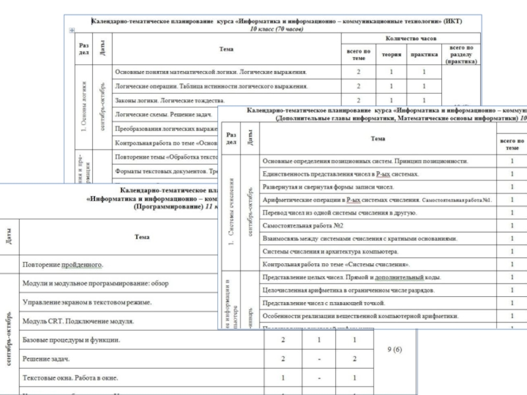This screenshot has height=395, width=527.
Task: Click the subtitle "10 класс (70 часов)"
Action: [276, 29]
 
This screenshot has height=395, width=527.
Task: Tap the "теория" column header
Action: [391, 55]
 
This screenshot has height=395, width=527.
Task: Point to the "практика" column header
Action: [424, 55]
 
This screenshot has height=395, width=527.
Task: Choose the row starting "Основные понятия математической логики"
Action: [211, 71]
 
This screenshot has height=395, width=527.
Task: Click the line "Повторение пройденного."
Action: [63, 265]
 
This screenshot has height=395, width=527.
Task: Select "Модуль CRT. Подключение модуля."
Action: [78, 321]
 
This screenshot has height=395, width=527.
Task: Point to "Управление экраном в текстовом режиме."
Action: [87, 302]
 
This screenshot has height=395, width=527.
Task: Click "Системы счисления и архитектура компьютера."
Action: [329, 251]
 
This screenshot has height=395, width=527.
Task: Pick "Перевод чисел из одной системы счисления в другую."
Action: [338, 213]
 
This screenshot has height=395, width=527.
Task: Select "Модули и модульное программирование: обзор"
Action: [96, 283]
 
